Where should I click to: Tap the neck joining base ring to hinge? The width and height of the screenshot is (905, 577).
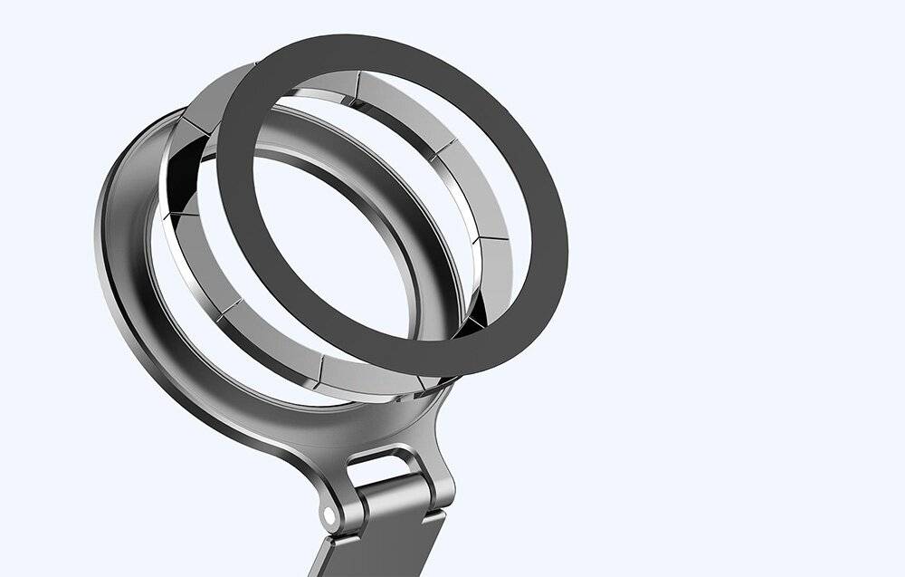coord(398,435)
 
